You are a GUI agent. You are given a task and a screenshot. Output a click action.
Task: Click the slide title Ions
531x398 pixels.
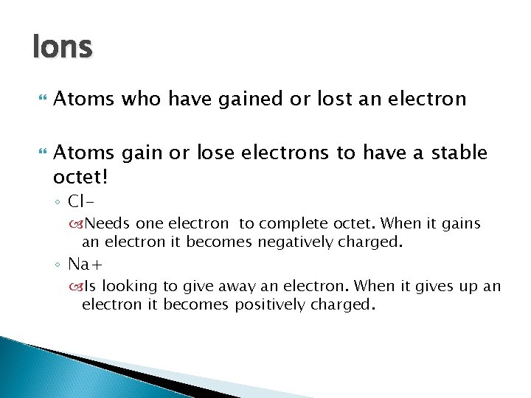[x=63, y=48]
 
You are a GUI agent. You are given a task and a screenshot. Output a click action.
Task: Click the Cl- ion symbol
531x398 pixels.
[x=81, y=200]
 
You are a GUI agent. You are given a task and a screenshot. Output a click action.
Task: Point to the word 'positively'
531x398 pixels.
[x=268, y=304]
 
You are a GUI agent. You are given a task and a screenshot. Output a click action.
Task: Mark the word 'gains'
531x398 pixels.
[x=460, y=223]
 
